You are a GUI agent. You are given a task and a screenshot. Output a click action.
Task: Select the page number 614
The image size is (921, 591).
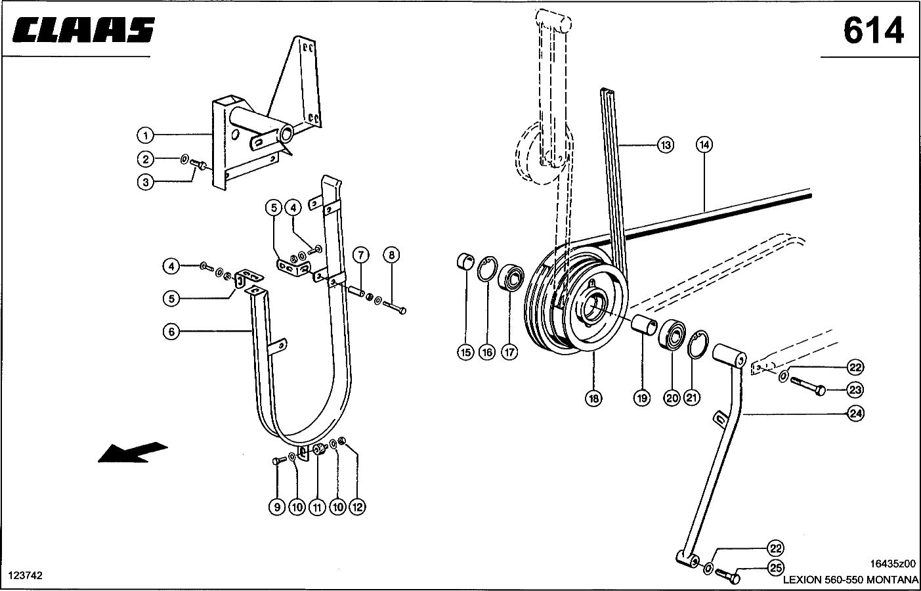click(x=873, y=30)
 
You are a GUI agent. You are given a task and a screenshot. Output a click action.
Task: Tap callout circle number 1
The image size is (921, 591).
click(x=145, y=135)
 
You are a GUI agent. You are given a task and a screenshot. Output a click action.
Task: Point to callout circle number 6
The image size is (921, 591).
click(x=171, y=332)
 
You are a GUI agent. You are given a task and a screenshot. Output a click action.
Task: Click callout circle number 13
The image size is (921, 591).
click(x=666, y=145)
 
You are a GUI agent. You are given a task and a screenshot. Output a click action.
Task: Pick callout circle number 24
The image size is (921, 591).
click(x=855, y=414)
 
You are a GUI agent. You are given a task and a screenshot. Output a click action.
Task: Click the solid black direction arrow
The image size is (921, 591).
click(x=131, y=452)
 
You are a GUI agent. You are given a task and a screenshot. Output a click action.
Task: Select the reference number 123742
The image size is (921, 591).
click(x=26, y=575)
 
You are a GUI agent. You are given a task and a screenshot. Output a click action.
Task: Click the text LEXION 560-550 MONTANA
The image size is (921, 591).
click(x=851, y=580)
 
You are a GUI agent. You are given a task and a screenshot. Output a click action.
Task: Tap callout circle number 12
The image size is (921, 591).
click(x=357, y=507)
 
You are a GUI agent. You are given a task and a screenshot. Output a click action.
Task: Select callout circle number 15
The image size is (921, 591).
click(x=465, y=353)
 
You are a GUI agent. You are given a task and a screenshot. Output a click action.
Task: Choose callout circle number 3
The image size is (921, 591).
click(x=145, y=182)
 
